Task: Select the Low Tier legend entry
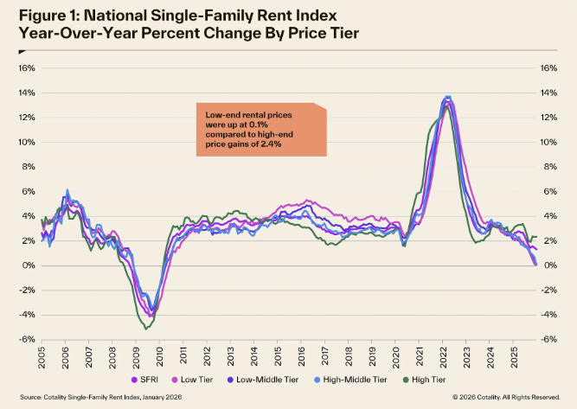(x=192, y=380)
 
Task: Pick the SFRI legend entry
(x=144, y=380)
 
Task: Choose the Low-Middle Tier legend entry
(x=263, y=380)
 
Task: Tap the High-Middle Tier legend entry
(x=350, y=380)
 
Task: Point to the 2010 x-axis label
(x=160, y=357)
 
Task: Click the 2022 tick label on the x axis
(x=443, y=357)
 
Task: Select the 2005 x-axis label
(x=42, y=357)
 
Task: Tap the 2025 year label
(x=514, y=357)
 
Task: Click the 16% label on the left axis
(x=27, y=68)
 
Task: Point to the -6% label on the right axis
(x=549, y=339)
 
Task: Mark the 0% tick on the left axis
(x=29, y=265)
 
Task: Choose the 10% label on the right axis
(x=548, y=142)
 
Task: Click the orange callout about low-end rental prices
(x=261, y=130)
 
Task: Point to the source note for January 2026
(x=101, y=397)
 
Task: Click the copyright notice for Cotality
(x=506, y=397)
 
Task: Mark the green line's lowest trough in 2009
(x=145, y=329)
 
